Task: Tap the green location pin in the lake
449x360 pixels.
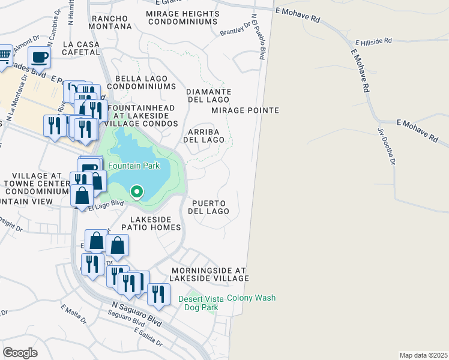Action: click(x=137, y=192)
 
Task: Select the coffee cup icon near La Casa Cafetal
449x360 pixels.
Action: click(x=40, y=58)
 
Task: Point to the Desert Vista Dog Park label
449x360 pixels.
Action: click(x=198, y=303)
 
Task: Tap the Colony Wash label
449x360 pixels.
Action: click(x=251, y=298)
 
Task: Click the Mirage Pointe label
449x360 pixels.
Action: click(x=245, y=110)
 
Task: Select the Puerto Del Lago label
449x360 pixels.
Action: click(x=209, y=207)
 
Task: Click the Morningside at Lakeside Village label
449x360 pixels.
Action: click(x=209, y=274)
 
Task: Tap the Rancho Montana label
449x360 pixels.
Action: click(x=110, y=22)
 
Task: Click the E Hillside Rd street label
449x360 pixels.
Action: click(x=373, y=42)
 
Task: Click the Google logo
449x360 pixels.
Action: click(x=20, y=352)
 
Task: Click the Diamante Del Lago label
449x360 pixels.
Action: click(x=208, y=95)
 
